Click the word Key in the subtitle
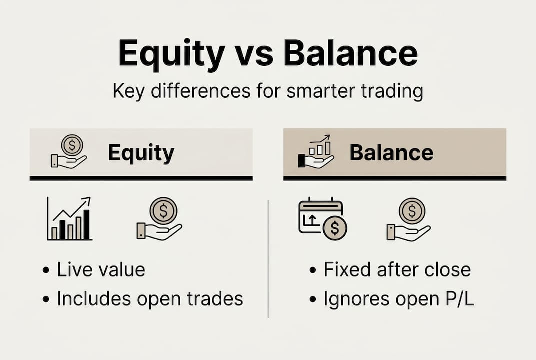(x=129, y=92)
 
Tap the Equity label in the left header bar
(x=141, y=153)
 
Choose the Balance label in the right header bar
(x=391, y=153)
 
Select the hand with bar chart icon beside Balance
(x=316, y=152)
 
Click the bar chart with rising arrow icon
(x=70, y=219)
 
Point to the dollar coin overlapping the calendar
(x=335, y=228)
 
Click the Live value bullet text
(x=100, y=270)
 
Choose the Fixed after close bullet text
(x=397, y=270)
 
